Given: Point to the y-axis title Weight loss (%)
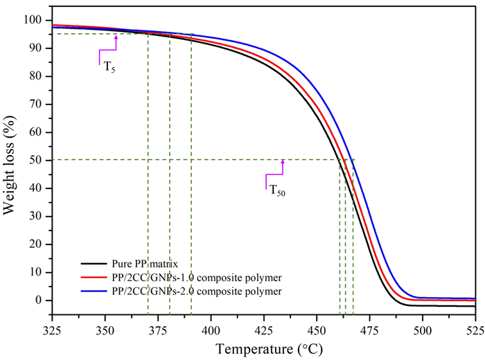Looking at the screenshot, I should click(x=11, y=161).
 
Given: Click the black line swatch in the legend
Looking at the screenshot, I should click(x=92, y=263).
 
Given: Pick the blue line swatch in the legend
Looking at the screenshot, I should click(x=92, y=291).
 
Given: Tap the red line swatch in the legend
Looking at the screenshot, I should click(x=92, y=277).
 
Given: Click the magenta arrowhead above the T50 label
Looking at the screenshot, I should click(x=283, y=162).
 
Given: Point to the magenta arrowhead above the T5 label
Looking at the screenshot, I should click(x=116, y=38).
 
